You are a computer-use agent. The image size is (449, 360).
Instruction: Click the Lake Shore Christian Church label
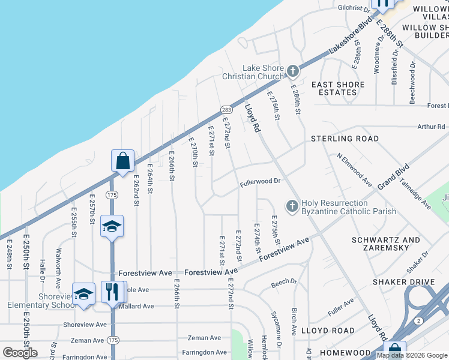[x=262, y=72]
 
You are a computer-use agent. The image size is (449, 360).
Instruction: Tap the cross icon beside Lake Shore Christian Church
[x=292, y=71]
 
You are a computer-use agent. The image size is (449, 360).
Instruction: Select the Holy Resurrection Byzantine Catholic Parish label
[x=349, y=207]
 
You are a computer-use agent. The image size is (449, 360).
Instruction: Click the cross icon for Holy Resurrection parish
[x=292, y=206]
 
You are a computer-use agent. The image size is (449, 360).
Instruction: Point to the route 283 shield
[x=226, y=110]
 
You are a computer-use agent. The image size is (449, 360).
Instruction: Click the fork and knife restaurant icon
[x=112, y=292]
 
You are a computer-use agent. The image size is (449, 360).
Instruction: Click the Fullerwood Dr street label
[x=261, y=181]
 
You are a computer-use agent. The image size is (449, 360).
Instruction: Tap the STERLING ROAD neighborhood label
[x=345, y=139]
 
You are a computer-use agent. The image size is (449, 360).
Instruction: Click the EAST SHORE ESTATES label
[x=338, y=88]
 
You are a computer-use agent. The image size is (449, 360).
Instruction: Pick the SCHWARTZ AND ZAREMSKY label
[x=386, y=244]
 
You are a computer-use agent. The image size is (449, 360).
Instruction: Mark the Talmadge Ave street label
[x=416, y=195]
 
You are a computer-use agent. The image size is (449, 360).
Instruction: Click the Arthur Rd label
[x=432, y=127]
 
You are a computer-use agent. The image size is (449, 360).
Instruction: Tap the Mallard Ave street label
[x=135, y=306]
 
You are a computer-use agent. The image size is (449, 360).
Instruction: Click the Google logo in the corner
[x=20, y=353]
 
